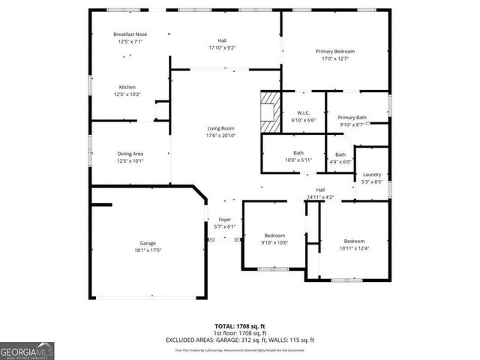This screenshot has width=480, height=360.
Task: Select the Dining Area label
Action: [x=130, y=154]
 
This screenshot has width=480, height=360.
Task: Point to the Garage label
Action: [x=147, y=243]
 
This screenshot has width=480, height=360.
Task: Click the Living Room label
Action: [x=220, y=128]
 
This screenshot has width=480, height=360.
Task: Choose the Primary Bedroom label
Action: [x=334, y=51]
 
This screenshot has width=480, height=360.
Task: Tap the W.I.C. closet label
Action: [x=304, y=113]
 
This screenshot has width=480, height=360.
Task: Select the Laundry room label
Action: [x=372, y=174]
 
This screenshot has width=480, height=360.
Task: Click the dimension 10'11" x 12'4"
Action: [x=354, y=248]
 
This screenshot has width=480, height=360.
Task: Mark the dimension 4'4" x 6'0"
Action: [x=340, y=161]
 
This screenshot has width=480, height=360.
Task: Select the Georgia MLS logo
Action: [x=27, y=350]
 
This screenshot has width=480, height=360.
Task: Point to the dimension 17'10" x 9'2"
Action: [x=222, y=48]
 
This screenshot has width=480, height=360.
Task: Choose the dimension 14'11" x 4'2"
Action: [x=320, y=197]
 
